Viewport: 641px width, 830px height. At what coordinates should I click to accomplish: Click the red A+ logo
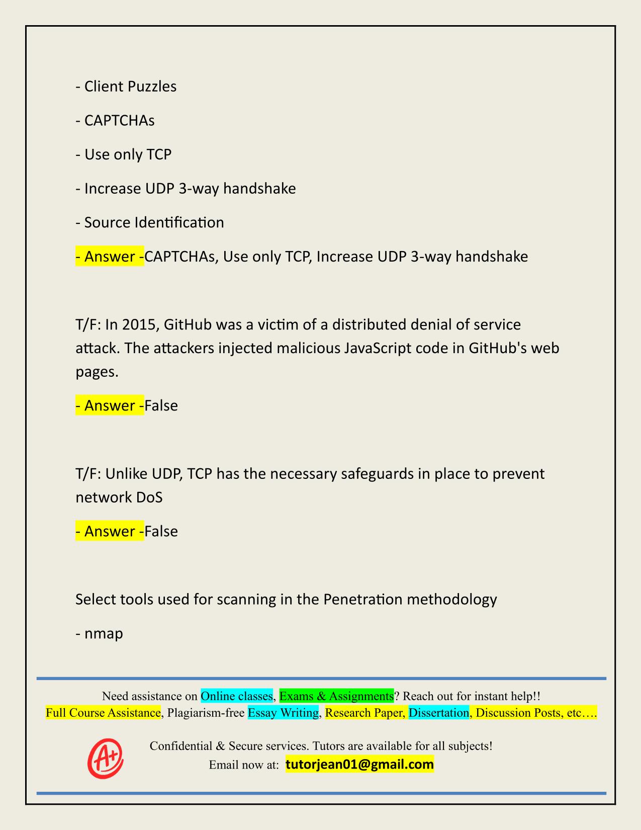click(106, 758)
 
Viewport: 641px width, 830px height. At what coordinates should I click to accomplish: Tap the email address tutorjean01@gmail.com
click(359, 765)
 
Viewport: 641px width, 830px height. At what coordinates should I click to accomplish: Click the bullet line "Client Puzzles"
click(126, 87)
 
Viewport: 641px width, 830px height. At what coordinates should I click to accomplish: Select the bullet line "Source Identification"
click(150, 222)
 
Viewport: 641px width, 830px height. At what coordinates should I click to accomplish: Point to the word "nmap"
click(104, 633)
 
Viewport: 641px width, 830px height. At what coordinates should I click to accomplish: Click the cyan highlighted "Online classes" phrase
click(236, 696)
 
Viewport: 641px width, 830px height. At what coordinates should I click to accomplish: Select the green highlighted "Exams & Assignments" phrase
click(336, 696)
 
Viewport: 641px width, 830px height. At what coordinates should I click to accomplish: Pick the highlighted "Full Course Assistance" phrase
click(103, 713)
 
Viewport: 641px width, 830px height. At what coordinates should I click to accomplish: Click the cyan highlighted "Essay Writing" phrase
click(283, 713)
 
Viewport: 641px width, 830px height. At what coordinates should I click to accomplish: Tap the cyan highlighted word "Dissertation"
click(438, 713)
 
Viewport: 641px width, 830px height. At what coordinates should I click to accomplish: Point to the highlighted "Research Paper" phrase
click(364, 713)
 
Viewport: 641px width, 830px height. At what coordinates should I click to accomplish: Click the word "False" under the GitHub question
click(161, 406)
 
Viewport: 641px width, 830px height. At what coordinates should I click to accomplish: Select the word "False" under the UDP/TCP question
click(161, 532)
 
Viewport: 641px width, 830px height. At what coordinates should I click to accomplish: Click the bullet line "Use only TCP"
click(124, 154)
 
